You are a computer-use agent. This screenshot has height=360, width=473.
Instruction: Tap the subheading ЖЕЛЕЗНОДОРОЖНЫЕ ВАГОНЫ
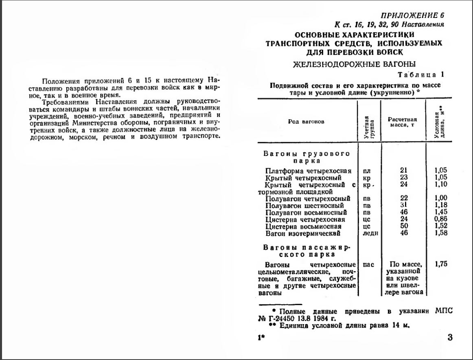tap(354, 64)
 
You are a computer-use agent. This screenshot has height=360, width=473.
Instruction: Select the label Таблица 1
tap(421, 75)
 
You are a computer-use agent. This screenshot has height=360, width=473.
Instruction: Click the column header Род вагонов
tap(306, 122)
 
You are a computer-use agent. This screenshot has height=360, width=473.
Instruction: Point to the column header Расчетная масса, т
tap(402, 122)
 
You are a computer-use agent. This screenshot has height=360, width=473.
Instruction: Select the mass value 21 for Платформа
tap(404, 171)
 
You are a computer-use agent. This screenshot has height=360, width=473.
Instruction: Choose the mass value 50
tap(404, 226)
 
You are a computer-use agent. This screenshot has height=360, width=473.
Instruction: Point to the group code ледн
tap(370, 234)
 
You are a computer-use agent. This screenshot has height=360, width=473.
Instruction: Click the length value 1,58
tap(441, 233)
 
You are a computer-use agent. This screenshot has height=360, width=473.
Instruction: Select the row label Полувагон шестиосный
tap(304, 206)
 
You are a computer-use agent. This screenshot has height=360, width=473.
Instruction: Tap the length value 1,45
tap(441, 213)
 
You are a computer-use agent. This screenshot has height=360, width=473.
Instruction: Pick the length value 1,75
tap(441, 264)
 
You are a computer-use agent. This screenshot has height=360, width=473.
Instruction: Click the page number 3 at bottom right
tap(449, 337)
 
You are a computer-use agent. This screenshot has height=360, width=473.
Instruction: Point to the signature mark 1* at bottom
tap(261, 338)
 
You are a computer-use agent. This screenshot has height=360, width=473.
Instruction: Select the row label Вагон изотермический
tap(302, 234)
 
